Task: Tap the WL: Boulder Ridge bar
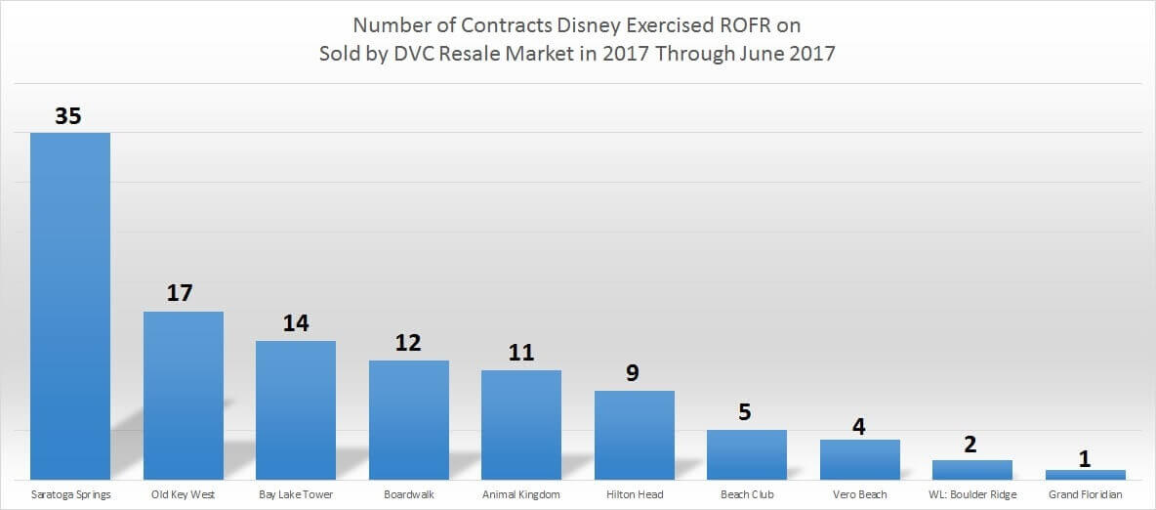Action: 972,469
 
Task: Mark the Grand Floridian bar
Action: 1086,474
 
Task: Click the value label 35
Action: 68,116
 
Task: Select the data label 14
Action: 296,323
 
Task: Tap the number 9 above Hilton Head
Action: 634,373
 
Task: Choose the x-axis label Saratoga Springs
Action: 70,494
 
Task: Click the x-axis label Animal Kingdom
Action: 521,494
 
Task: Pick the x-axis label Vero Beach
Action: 860,494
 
